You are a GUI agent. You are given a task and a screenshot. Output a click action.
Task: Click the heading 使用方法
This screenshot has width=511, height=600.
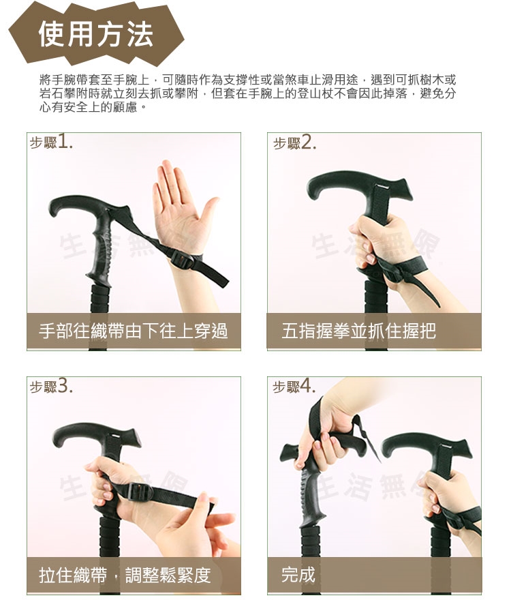tap(96, 34)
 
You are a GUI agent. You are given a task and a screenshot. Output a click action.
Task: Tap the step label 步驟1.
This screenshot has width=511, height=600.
tap(51, 142)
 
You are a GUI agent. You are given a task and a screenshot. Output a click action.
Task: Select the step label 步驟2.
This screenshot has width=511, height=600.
tap(295, 142)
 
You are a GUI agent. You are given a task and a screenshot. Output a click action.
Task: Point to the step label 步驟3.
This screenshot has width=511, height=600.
tap(51, 386)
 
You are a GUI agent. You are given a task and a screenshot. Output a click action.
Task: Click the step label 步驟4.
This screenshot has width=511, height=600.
tap(294, 386)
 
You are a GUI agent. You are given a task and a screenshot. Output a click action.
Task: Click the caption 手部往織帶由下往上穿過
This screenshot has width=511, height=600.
tap(134, 331)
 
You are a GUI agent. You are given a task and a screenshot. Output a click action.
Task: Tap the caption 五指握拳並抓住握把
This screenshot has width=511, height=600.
tap(358, 331)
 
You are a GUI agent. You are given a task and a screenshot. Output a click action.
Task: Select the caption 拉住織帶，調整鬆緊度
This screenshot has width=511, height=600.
tap(125, 575)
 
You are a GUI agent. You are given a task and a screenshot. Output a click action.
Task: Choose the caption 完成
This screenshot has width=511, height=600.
tap(298, 575)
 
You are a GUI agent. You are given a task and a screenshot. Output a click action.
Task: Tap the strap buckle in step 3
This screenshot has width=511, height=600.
tap(138, 492)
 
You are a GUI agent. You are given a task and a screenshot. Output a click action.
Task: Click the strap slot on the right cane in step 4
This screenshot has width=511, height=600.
tap(446, 447)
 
